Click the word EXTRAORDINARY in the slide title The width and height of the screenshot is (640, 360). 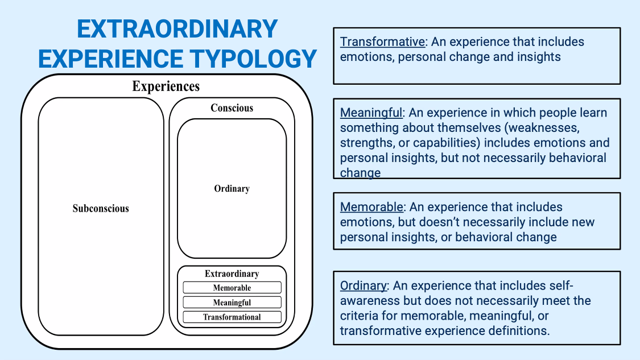coord(177,29)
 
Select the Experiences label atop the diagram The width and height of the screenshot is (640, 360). coord(166,86)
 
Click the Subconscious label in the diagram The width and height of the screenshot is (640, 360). coord(101,208)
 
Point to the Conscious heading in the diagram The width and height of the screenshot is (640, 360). coord(232,107)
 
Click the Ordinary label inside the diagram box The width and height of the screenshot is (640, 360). coord(232,189)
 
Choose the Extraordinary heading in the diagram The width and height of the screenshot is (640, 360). coord(232,274)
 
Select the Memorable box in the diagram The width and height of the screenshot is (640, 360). coord(232,288)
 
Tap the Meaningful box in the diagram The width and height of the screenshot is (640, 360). coord(232,303)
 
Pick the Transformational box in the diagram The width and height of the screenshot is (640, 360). coord(232,317)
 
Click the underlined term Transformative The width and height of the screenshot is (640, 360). coord(382,42)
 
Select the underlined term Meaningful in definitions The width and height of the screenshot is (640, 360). coord(371,113)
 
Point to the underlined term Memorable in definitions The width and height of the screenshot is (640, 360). coord(371,207)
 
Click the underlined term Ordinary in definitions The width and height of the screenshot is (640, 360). coord(363,285)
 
